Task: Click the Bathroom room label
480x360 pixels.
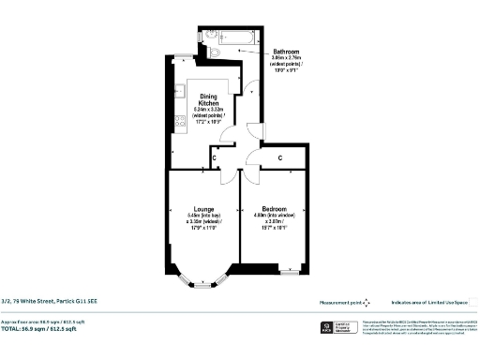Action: click(x=286, y=51)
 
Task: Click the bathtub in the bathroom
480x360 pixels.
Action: click(x=234, y=36)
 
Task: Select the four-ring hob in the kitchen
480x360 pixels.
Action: click(x=177, y=120)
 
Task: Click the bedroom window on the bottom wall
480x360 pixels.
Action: click(x=289, y=271)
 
